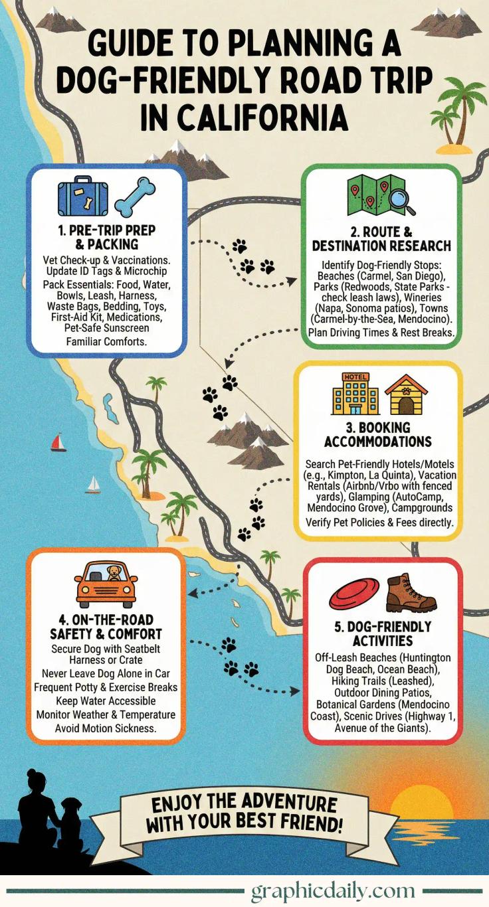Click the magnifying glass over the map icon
[401, 200]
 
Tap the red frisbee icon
[354, 593]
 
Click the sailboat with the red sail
[58, 442]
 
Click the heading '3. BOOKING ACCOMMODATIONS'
[377, 434]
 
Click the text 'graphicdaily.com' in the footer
[332, 890]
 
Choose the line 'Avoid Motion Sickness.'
[106, 728]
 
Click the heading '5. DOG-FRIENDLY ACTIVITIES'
[381, 633]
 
